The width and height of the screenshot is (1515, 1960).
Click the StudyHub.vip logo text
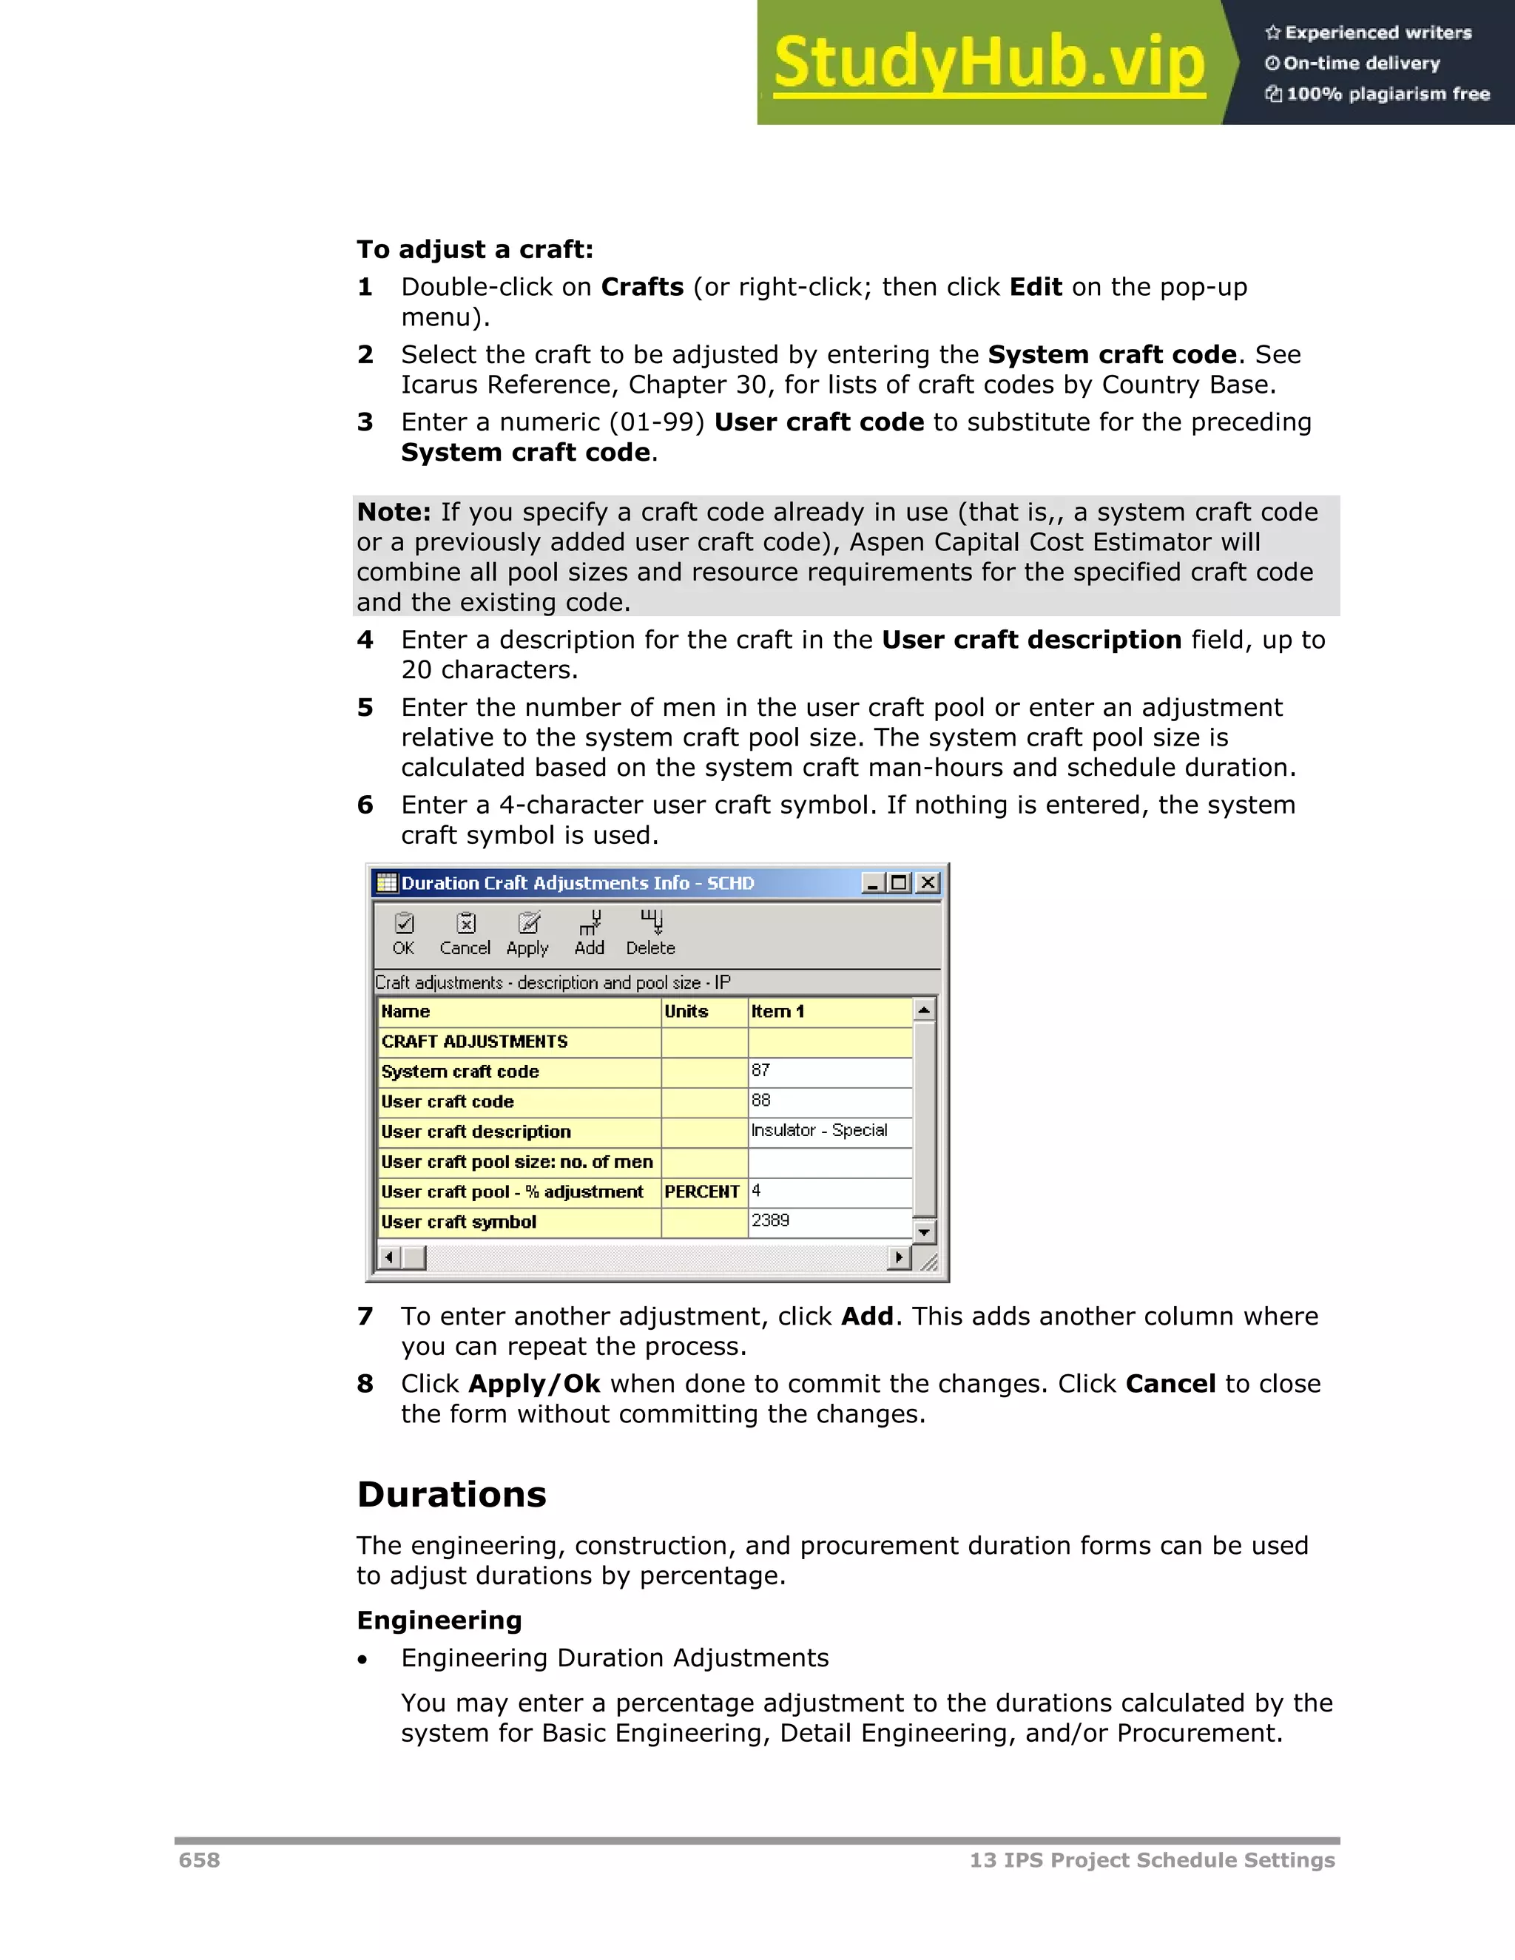click(988, 63)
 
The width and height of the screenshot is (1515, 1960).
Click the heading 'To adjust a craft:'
click(475, 249)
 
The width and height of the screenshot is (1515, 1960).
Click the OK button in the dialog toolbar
click(404, 933)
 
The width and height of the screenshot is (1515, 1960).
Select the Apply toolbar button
click(527, 933)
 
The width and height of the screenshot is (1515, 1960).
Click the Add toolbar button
click(590, 933)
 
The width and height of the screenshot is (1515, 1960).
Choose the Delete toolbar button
click(651, 933)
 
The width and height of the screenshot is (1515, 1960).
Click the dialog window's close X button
click(929, 883)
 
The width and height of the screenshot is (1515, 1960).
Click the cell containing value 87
click(829, 1072)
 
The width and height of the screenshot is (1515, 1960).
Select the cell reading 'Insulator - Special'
click(829, 1132)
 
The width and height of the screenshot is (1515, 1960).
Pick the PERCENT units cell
click(703, 1192)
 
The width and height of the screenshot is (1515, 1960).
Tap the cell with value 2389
click(829, 1221)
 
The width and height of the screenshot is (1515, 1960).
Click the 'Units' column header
click(703, 1011)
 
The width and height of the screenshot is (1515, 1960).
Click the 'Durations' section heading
click(451, 1495)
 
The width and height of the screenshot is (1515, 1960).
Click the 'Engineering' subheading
click(439, 1620)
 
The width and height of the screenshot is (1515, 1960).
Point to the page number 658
click(199, 1860)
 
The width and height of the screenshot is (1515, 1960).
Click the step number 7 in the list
click(365, 1317)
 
